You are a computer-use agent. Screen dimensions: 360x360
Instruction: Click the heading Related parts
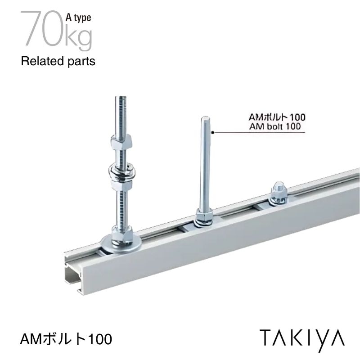click(x=58, y=62)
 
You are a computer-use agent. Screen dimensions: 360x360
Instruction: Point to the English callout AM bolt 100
click(x=274, y=126)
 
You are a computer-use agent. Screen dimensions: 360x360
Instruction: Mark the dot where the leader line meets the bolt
click(x=211, y=132)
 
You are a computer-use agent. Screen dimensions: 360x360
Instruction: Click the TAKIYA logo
click(x=301, y=337)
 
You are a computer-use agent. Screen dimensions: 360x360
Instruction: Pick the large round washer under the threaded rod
click(x=121, y=243)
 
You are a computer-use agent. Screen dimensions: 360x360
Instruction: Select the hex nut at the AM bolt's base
click(x=205, y=219)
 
